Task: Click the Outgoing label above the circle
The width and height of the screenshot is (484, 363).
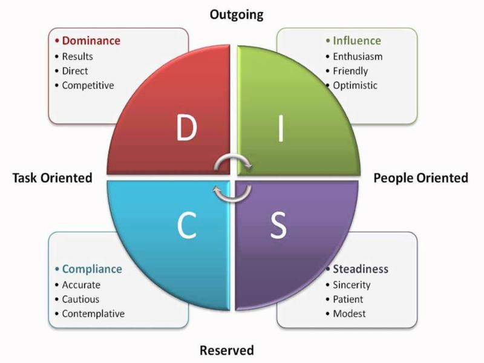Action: (x=237, y=14)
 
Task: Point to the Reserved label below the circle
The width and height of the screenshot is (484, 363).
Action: (x=227, y=350)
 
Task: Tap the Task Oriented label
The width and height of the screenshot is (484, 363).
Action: (x=52, y=177)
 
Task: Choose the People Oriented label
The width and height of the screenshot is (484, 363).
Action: (x=420, y=177)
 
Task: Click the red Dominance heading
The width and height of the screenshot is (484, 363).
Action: (x=91, y=41)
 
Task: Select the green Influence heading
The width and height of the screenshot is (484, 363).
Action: (x=357, y=41)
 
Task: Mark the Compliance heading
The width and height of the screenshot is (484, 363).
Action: (x=92, y=269)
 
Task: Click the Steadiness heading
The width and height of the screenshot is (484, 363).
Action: (x=360, y=269)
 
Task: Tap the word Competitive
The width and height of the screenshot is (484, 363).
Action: (x=88, y=85)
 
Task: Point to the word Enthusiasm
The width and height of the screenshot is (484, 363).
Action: (x=358, y=56)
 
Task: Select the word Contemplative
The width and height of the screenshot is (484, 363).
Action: (x=93, y=313)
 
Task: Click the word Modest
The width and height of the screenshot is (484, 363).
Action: (x=349, y=313)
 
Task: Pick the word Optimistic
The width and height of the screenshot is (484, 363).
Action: (x=355, y=85)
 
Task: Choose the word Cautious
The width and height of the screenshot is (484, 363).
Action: (x=80, y=299)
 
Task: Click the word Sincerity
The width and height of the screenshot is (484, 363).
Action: (x=352, y=284)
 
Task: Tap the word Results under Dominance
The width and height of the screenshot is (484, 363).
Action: (x=79, y=56)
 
